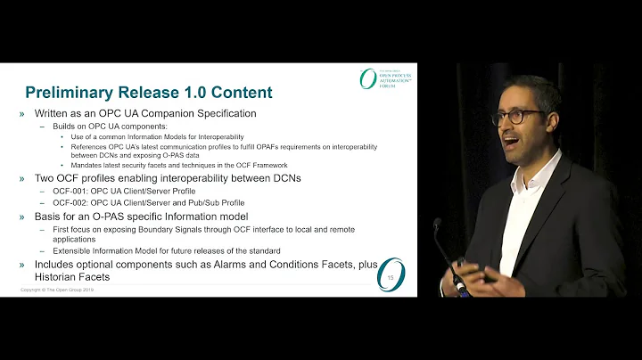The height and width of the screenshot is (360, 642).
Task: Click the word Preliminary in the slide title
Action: tap(70, 93)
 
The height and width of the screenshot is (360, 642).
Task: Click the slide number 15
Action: tap(393, 280)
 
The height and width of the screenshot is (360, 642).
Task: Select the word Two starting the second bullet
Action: tap(46, 178)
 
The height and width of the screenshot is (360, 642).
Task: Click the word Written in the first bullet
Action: tap(55, 114)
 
